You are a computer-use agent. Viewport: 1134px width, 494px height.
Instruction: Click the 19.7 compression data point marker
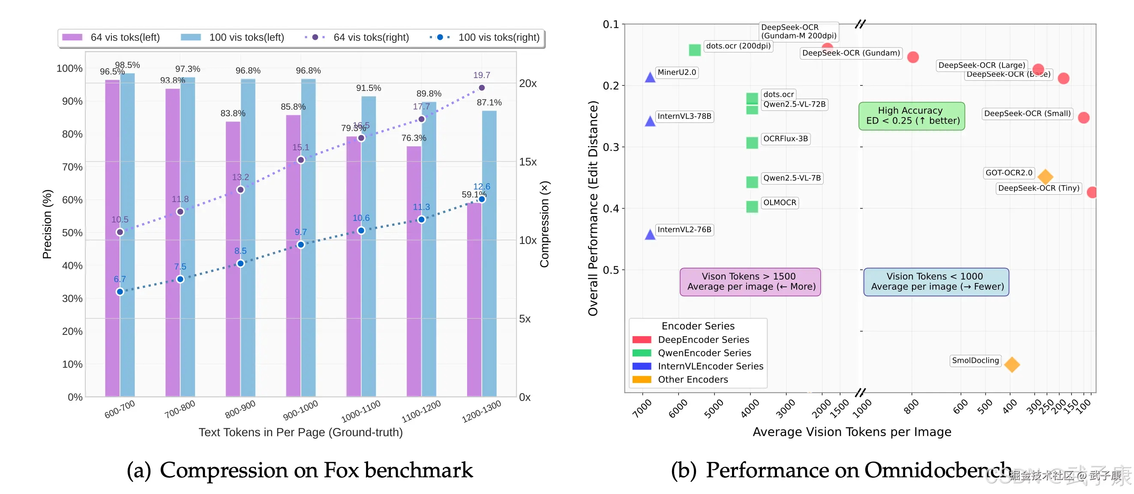[x=482, y=87]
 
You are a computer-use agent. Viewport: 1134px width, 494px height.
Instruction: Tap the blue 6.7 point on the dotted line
[x=120, y=292]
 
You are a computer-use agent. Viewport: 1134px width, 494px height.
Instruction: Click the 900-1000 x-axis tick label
[x=301, y=410]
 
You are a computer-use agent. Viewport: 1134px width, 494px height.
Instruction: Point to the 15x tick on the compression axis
[x=528, y=162]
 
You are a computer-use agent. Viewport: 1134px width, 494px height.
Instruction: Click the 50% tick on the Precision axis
[x=72, y=232]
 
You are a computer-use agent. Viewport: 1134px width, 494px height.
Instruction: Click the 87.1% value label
[x=489, y=102]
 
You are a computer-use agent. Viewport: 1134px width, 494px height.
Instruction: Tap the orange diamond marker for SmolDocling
[x=1011, y=364]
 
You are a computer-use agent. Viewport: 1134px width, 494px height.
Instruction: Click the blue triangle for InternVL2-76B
[x=650, y=235]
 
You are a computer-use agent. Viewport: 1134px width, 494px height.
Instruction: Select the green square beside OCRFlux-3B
[x=752, y=143]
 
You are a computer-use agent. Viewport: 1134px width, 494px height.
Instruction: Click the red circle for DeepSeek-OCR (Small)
[x=1083, y=117]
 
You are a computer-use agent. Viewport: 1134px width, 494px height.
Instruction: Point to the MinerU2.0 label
[x=677, y=72]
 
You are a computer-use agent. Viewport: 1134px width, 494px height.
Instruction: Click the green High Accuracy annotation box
[x=912, y=116]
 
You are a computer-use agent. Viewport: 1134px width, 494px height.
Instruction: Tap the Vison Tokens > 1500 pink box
[x=750, y=282]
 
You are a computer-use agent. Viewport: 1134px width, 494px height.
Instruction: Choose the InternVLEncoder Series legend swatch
[x=642, y=366]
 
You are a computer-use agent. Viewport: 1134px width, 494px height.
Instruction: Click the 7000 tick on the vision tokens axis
[x=642, y=408]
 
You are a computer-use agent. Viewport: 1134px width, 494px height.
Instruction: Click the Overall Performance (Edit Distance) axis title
[x=593, y=208]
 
